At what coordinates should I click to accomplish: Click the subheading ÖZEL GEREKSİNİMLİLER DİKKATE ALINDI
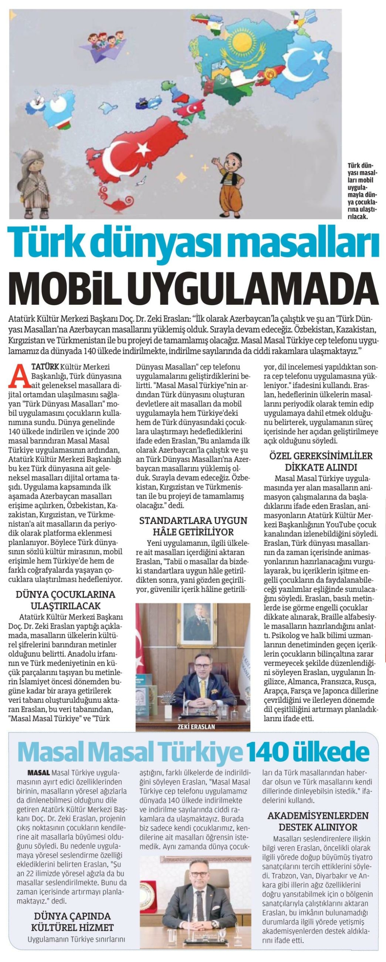click(321, 461)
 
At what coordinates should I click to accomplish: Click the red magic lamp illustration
click(113, 203)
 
